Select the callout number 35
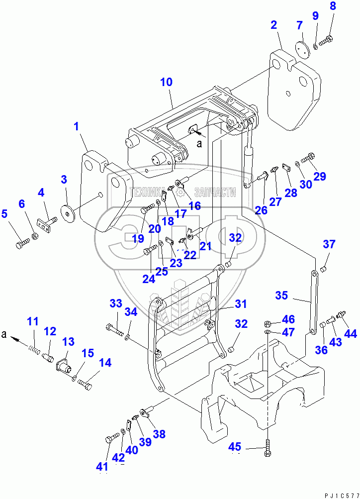pyautogui.click(x=282, y=296)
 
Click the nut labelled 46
pyautogui.click(x=267, y=322)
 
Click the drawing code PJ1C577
pyautogui.click(x=341, y=494)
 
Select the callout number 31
pyautogui.click(x=241, y=303)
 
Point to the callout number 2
pyautogui.click(x=274, y=24)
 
